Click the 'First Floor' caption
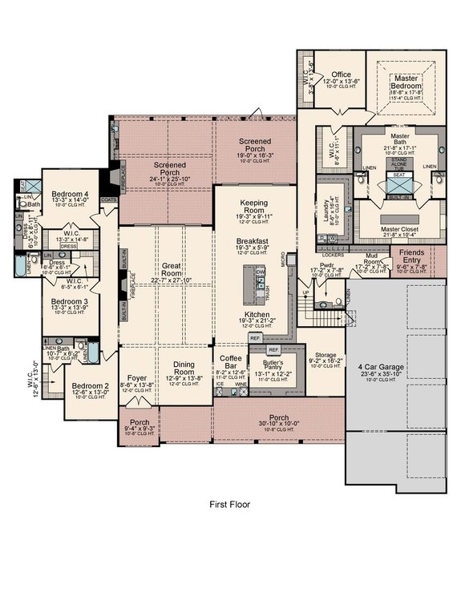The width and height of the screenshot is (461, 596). pyautogui.click(x=230, y=505)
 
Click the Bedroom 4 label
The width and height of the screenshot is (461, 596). pyautogui.click(x=71, y=194)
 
